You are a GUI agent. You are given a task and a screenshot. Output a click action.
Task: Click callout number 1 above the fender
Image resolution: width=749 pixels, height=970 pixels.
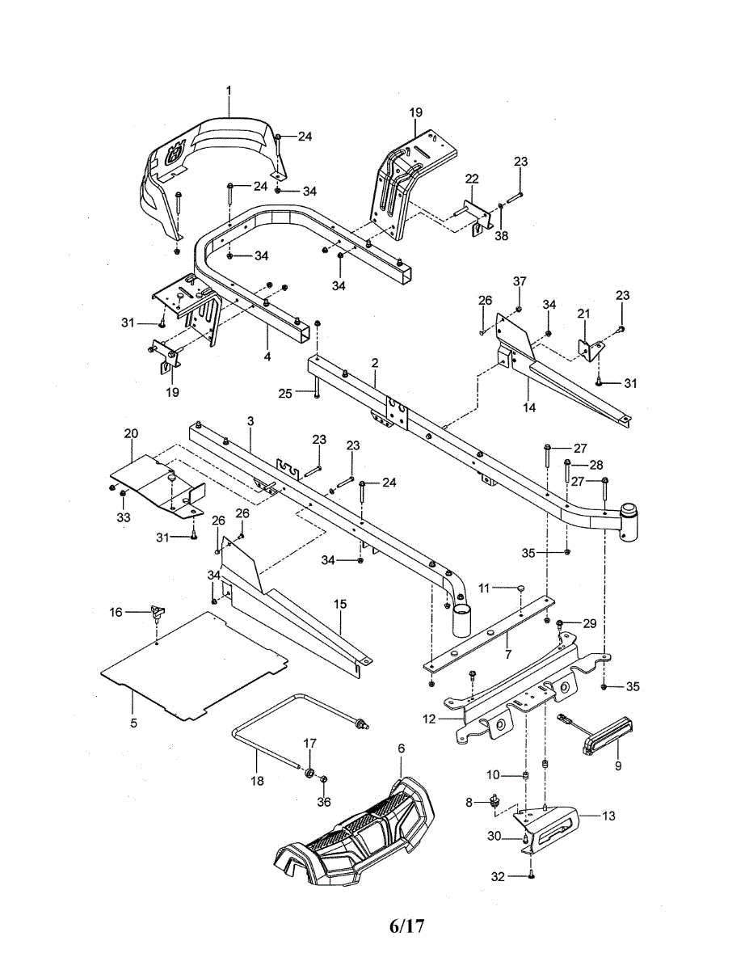(229, 91)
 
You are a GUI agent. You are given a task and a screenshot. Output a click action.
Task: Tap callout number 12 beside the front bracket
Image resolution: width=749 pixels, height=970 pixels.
(429, 719)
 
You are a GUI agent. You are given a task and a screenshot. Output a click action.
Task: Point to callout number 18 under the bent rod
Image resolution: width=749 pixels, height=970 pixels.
(258, 781)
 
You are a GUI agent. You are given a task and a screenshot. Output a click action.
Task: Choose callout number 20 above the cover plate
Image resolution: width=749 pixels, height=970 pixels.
(131, 433)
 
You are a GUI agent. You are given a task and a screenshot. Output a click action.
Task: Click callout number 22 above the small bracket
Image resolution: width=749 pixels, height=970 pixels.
(472, 179)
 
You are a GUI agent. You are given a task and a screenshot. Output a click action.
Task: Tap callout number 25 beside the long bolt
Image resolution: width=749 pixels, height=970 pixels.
(285, 394)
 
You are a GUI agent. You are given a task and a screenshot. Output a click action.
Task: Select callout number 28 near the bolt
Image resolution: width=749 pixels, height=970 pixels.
(596, 465)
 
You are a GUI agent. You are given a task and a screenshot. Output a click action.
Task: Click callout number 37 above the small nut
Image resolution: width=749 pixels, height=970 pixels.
(520, 281)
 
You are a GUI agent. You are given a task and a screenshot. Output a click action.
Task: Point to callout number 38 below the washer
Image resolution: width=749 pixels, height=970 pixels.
(502, 235)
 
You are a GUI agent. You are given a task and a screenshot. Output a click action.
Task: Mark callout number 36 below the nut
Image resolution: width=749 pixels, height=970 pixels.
(324, 802)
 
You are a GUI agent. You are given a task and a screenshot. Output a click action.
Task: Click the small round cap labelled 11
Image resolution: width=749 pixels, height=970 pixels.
(520, 588)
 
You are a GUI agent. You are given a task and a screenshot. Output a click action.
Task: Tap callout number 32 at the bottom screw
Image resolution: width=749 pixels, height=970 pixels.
(498, 877)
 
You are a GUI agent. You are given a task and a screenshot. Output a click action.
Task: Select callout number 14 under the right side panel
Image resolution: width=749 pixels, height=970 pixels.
(529, 407)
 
